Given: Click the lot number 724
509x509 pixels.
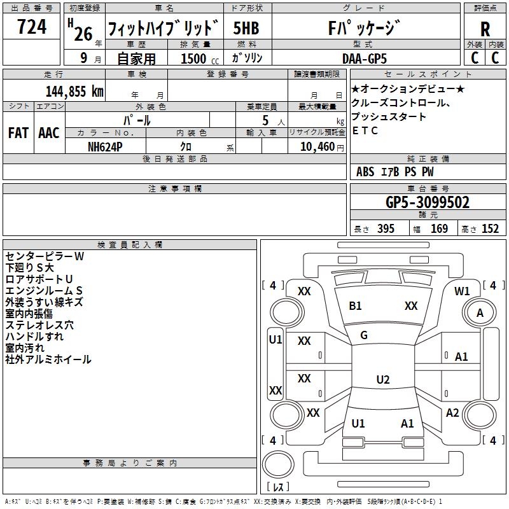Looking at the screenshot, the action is coord(31,27).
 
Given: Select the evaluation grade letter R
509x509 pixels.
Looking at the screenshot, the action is coord(485,29).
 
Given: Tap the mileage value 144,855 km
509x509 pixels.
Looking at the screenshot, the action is coord(74,92).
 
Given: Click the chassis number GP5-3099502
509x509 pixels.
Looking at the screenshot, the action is coord(428,202).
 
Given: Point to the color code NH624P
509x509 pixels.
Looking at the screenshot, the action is coord(105,147).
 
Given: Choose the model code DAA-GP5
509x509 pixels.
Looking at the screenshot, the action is coord(365,59).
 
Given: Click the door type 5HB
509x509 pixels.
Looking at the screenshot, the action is coord(246,28).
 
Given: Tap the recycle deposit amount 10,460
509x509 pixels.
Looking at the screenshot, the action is coord(317,147).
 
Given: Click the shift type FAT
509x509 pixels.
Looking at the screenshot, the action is coord(18,133).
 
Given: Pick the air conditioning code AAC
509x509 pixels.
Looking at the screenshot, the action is coord(49,133).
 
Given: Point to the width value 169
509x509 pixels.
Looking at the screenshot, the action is coord(439,228).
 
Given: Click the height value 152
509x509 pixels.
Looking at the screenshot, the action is coord(490,228).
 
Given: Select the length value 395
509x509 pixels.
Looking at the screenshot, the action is coord(386,228).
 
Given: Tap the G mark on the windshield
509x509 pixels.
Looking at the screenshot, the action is coord(364,335).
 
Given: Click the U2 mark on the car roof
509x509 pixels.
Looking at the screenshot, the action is coord(383,379).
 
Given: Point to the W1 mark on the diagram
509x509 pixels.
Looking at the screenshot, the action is coord(462,291).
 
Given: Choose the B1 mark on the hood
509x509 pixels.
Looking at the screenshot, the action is coord(355,306).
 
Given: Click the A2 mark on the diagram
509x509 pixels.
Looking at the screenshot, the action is coord(452,413).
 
